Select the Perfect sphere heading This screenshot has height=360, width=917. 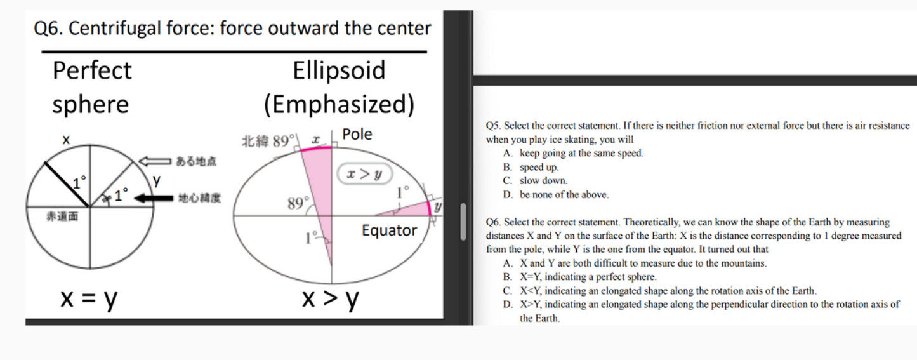(92, 87)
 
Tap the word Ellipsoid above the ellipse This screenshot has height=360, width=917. (339, 70)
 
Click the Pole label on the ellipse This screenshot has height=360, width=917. (357, 135)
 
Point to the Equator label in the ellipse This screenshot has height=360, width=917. (389, 230)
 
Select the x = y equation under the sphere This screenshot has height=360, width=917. (89, 298)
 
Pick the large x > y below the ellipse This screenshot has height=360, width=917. (330, 298)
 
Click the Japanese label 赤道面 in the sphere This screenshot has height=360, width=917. (62, 217)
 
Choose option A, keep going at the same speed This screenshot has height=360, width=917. (581, 153)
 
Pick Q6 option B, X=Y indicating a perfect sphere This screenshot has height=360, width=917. (588, 277)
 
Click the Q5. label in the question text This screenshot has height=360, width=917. (493, 126)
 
